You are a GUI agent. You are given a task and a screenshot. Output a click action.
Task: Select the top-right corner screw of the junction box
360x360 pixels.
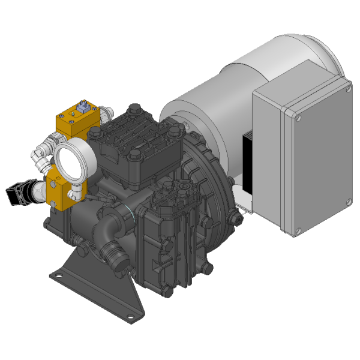pyautogui.click(x=347, y=89)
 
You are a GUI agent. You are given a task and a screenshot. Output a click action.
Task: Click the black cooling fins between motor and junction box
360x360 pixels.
pyautogui.click(x=247, y=156)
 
